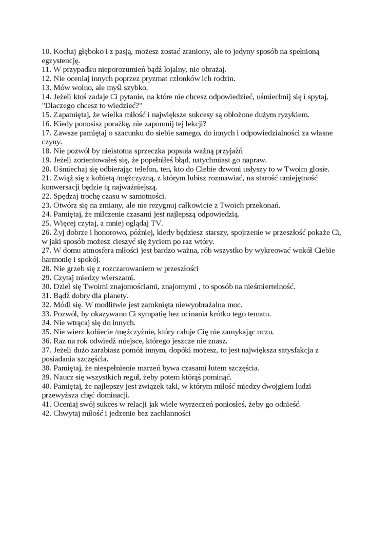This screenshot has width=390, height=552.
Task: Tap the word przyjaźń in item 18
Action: tap(227, 151)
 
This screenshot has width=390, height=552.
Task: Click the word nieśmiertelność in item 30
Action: tap(266, 287)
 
